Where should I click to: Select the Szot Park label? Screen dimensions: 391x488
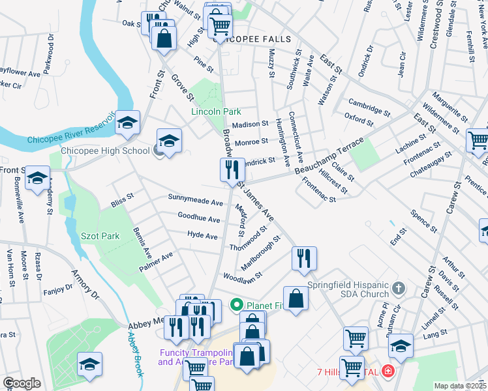[100, 236]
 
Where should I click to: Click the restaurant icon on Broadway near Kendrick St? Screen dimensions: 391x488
[232, 170]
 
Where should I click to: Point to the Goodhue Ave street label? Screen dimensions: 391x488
[199, 217]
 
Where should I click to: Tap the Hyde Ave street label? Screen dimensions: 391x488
[202, 235]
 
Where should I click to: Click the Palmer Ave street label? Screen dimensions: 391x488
[156, 261]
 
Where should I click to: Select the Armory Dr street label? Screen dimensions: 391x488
[85, 285]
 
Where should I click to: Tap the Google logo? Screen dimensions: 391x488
[22, 383]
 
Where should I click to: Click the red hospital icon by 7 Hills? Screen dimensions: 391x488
[388, 371]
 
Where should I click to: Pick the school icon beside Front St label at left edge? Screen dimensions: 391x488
[37, 178]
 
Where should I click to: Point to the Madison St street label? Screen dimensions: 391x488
[250, 124]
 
